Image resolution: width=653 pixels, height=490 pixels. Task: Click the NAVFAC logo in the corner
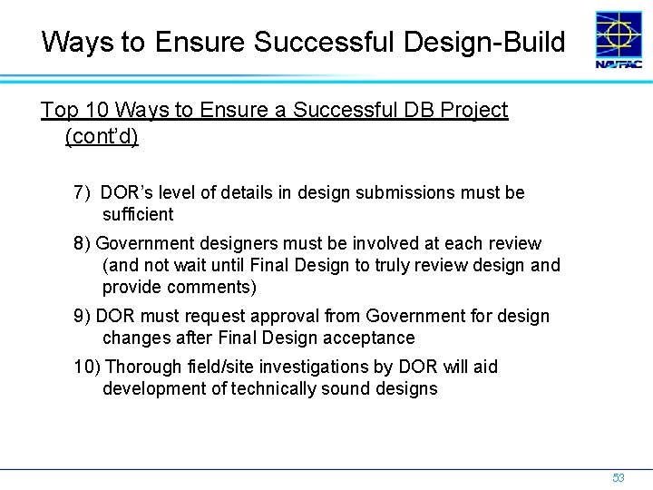click(619, 40)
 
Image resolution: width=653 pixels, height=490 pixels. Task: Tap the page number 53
click(619, 477)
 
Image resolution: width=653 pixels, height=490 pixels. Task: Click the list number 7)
click(83, 193)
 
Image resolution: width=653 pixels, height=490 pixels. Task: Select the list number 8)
click(83, 243)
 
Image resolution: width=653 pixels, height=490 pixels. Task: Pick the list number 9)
click(83, 316)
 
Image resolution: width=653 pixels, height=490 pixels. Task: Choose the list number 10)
click(87, 367)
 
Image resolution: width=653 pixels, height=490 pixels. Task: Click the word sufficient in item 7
click(138, 215)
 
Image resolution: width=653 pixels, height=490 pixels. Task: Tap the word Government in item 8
click(141, 243)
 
